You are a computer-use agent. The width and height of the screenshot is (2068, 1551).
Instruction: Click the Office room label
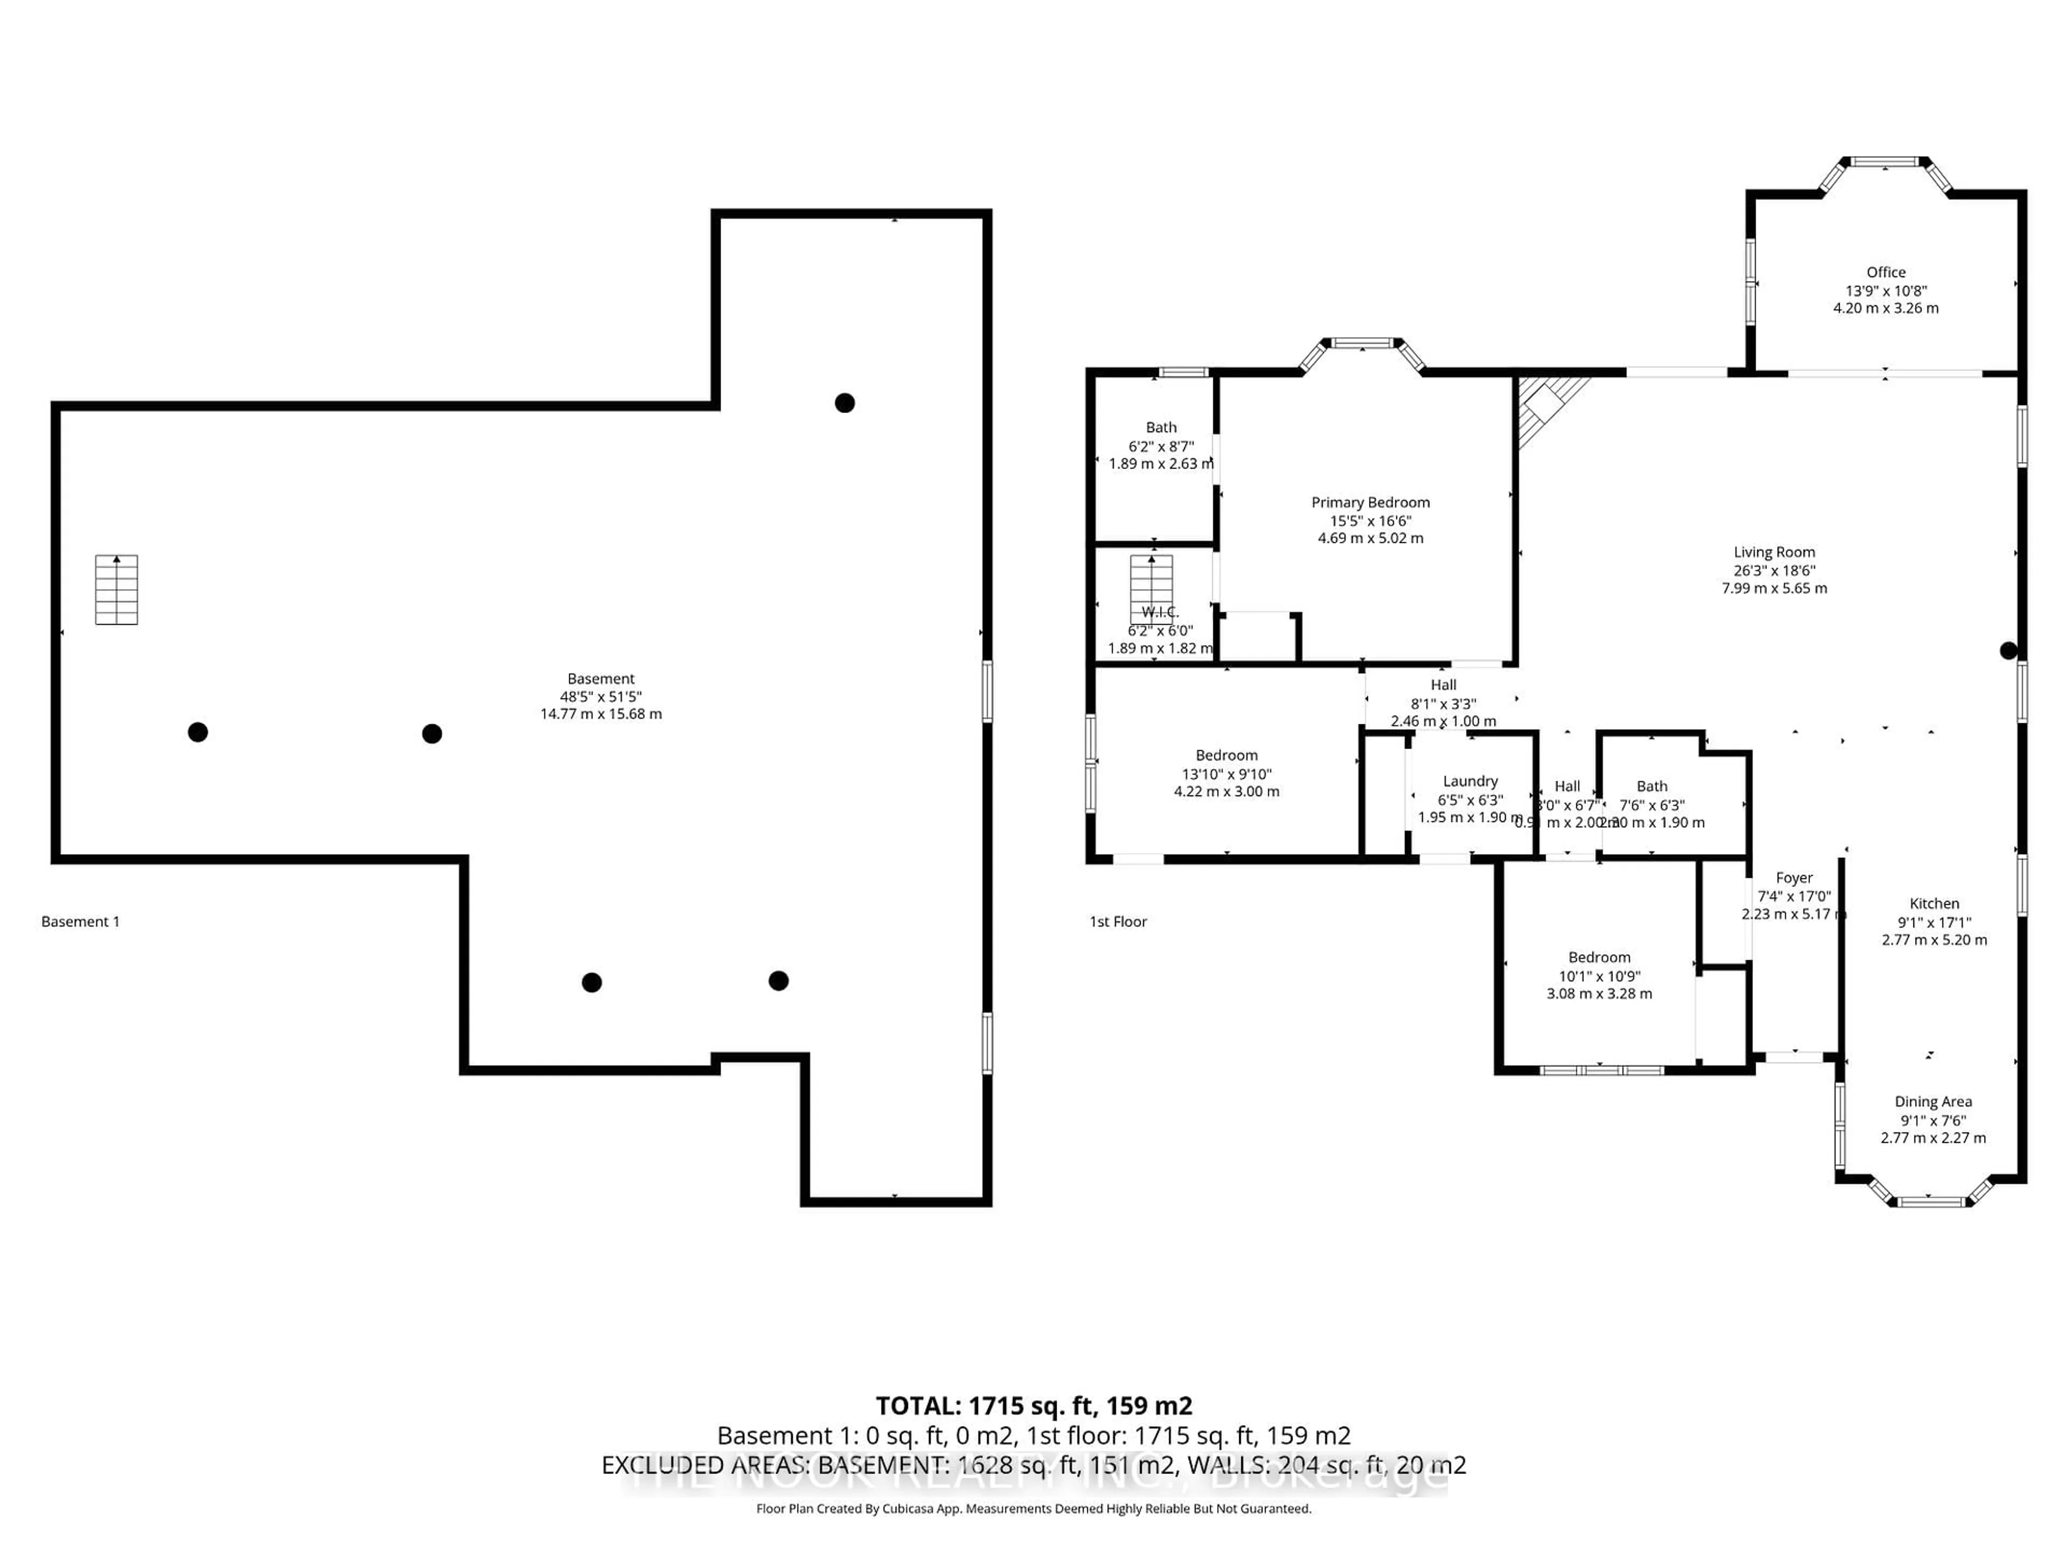(x=1885, y=272)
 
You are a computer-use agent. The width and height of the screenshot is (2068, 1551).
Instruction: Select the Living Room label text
(x=1773, y=553)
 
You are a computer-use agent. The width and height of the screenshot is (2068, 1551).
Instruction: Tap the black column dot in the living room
(x=2007, y=651)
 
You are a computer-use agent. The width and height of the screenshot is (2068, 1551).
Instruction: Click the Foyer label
(x=1793, y=878)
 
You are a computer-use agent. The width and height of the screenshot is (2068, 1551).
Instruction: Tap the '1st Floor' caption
(x=1117, y=922)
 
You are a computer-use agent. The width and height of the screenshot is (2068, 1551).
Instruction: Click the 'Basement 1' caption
(x=80, y=922)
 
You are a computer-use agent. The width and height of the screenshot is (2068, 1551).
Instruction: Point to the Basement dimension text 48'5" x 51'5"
(x=600, y=696)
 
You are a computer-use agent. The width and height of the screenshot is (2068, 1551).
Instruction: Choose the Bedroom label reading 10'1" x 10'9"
(x=1599, y=958)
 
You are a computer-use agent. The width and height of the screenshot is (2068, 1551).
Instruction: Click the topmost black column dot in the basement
(x=844, y=403)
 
